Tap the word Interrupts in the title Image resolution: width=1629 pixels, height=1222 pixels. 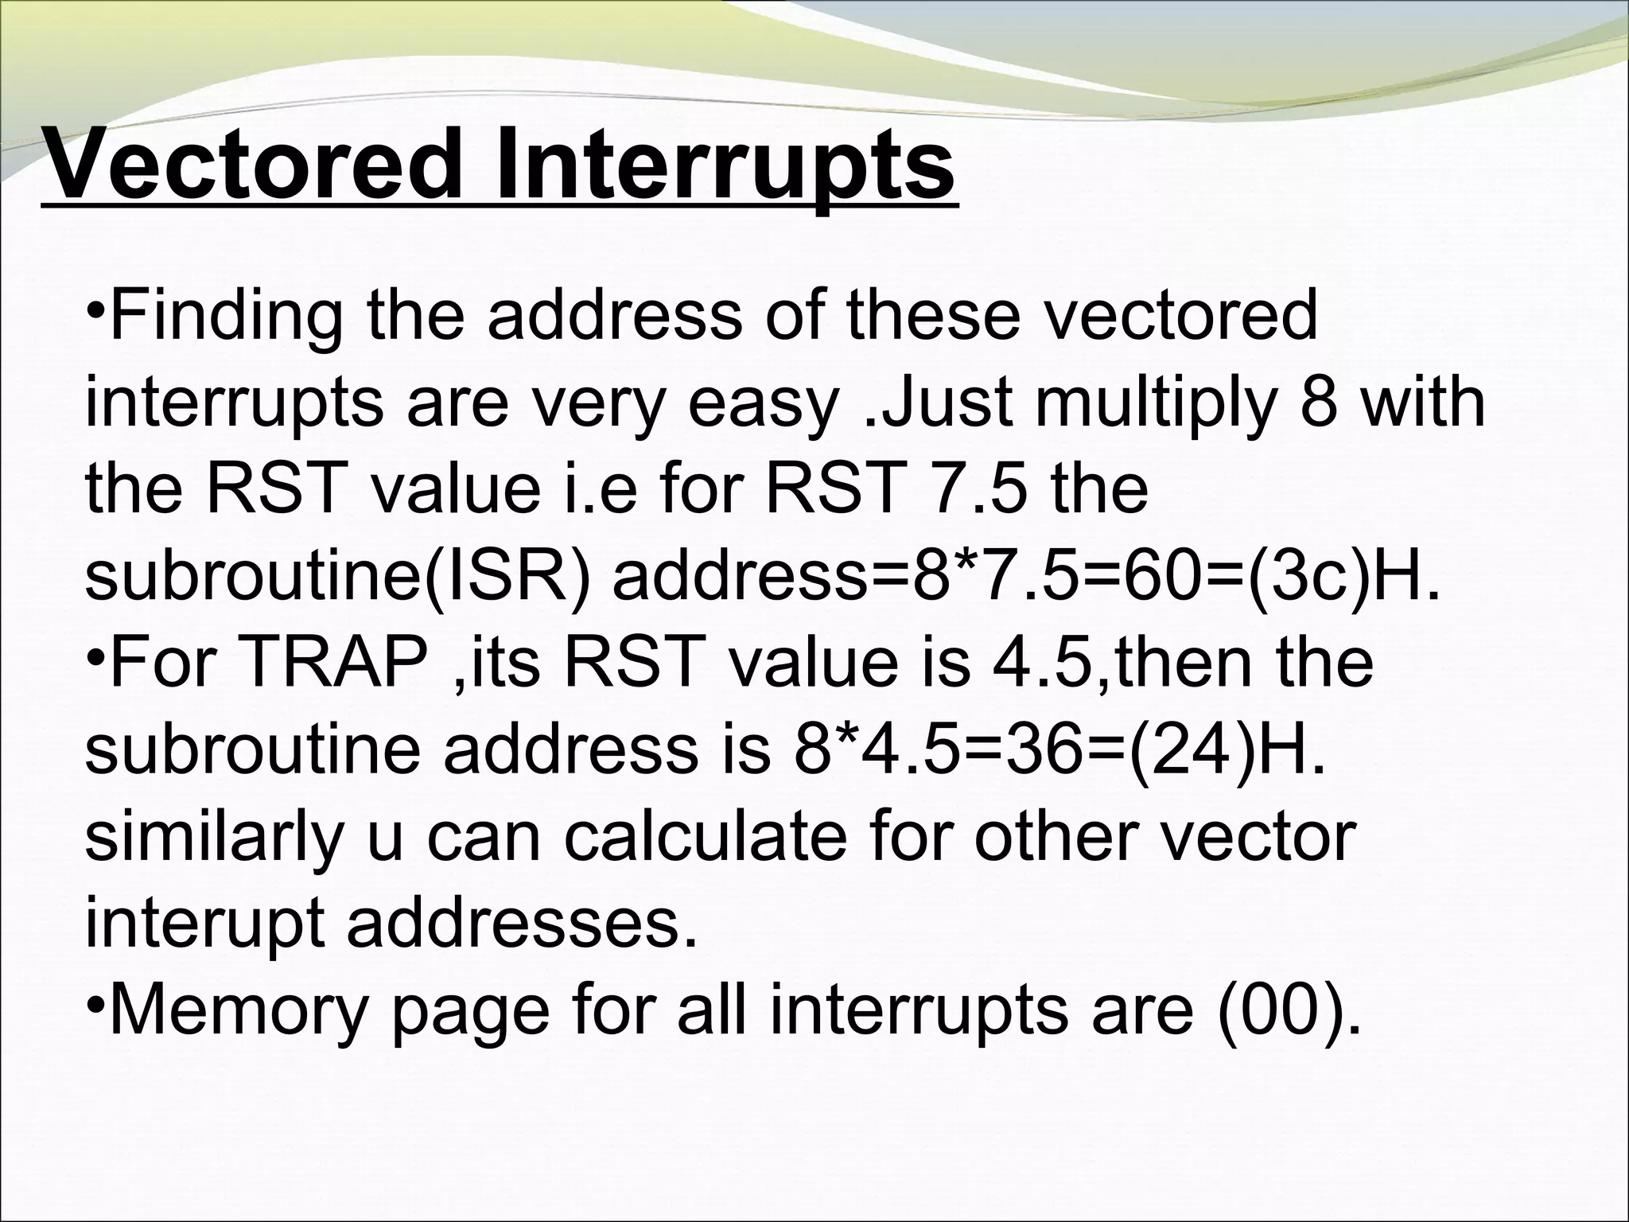pos(725,165)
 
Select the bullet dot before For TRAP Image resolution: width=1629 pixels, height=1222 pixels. pos(94,657)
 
